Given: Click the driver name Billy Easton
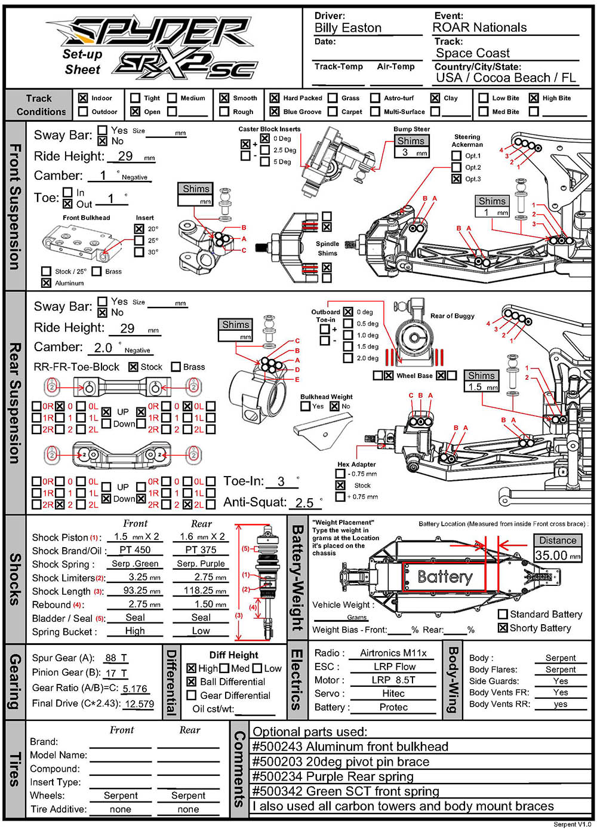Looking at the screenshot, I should point(347,28).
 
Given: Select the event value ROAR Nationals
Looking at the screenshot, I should point(479,27).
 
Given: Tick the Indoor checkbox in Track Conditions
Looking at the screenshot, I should point(83,98).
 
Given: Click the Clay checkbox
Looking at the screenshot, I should point(435,98).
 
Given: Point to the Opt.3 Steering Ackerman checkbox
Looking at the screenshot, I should point(456,179).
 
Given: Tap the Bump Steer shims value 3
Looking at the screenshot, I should point(405,152).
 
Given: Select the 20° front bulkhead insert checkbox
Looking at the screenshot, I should point(139,229).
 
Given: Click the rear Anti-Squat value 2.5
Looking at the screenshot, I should point(304,503).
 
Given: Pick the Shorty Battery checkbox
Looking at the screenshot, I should point(503,628).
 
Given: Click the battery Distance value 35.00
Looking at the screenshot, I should point(551,555).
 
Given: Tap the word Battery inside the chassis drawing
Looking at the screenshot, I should point(445,577).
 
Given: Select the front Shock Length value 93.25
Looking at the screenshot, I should point(136,590).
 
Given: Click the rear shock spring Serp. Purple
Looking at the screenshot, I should point(201,563).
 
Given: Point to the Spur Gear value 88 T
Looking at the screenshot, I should point(116,658).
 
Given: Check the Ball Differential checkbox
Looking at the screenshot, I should point(192,681).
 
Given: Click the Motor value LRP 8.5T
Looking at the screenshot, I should point(393,680).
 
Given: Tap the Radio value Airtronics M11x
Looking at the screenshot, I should point(393,653).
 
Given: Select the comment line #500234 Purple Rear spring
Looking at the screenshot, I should point(333,776).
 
